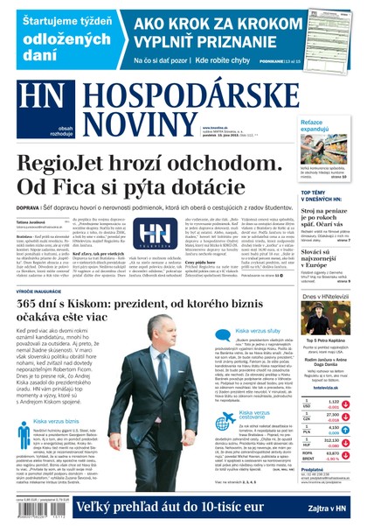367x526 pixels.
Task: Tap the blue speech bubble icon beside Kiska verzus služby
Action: pos(222,333)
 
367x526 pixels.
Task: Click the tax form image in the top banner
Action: pos(329,33)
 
